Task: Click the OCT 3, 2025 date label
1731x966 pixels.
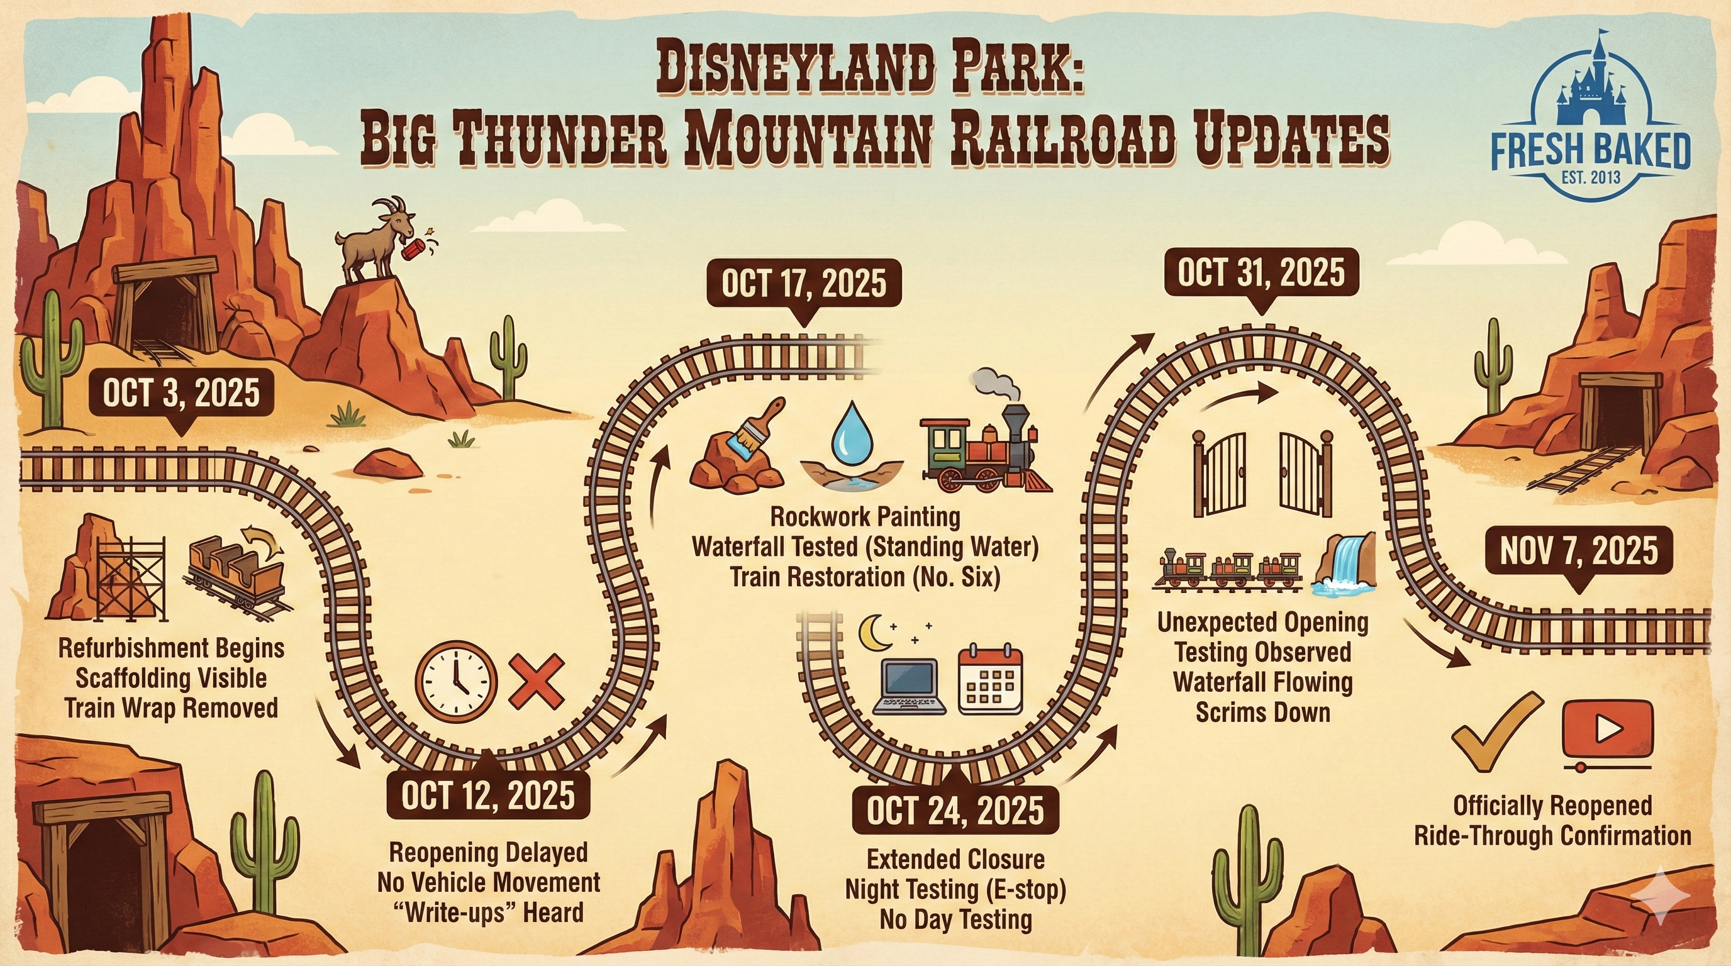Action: tap(181, 392)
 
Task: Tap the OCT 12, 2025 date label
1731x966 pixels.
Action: tap(489, 797)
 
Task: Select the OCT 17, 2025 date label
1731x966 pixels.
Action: tap(804, 284)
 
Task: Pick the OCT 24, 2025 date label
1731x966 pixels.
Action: tap(955, 811)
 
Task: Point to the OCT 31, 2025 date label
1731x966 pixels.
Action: tap(1261, 274)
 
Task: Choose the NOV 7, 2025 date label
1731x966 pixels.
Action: tap(1578, 552)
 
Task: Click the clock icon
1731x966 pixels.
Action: tap(456, 681)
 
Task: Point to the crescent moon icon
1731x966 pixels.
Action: tap(876, 633)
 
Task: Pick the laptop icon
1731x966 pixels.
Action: tap(911, 686)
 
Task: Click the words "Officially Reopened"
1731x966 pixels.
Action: tap(1552, 805)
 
